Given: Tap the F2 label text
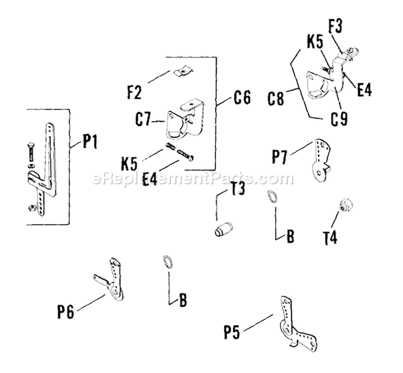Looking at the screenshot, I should pos(135,92).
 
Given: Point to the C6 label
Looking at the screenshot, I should pos(242,99).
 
